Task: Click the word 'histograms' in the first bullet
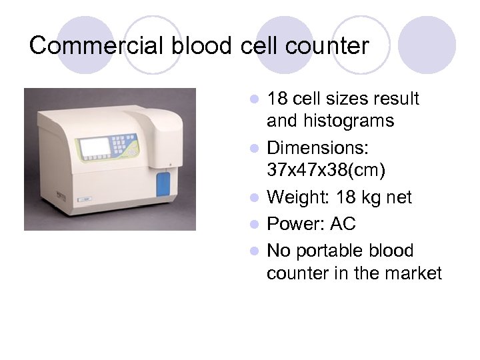pyautogui.click(x=330, y=121)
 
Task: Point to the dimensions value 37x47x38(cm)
pyautogui.click(x=325, y=170)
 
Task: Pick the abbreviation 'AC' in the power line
pyautogui.click(x=344, y=224)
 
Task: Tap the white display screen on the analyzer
pyautogui.click(x=95, y=147)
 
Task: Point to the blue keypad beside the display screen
pyautogui.click(x=125, y=144)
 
